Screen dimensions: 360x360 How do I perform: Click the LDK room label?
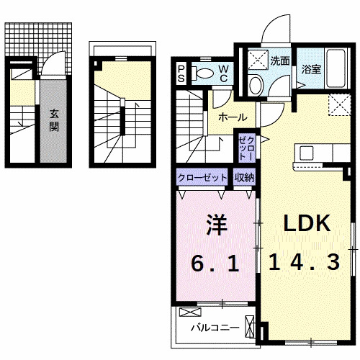coord(306,224)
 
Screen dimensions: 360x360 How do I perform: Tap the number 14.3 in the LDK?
coord(305,263)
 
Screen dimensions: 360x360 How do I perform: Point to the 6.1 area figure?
coord(214,263)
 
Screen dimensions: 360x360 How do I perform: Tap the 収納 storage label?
coord(243,176)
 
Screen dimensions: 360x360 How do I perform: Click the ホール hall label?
coord(233,117)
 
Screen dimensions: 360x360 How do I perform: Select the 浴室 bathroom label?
coord(312,70)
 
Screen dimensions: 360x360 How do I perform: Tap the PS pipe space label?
coord(182,72)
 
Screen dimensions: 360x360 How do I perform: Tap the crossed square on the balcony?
coord(191,312)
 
